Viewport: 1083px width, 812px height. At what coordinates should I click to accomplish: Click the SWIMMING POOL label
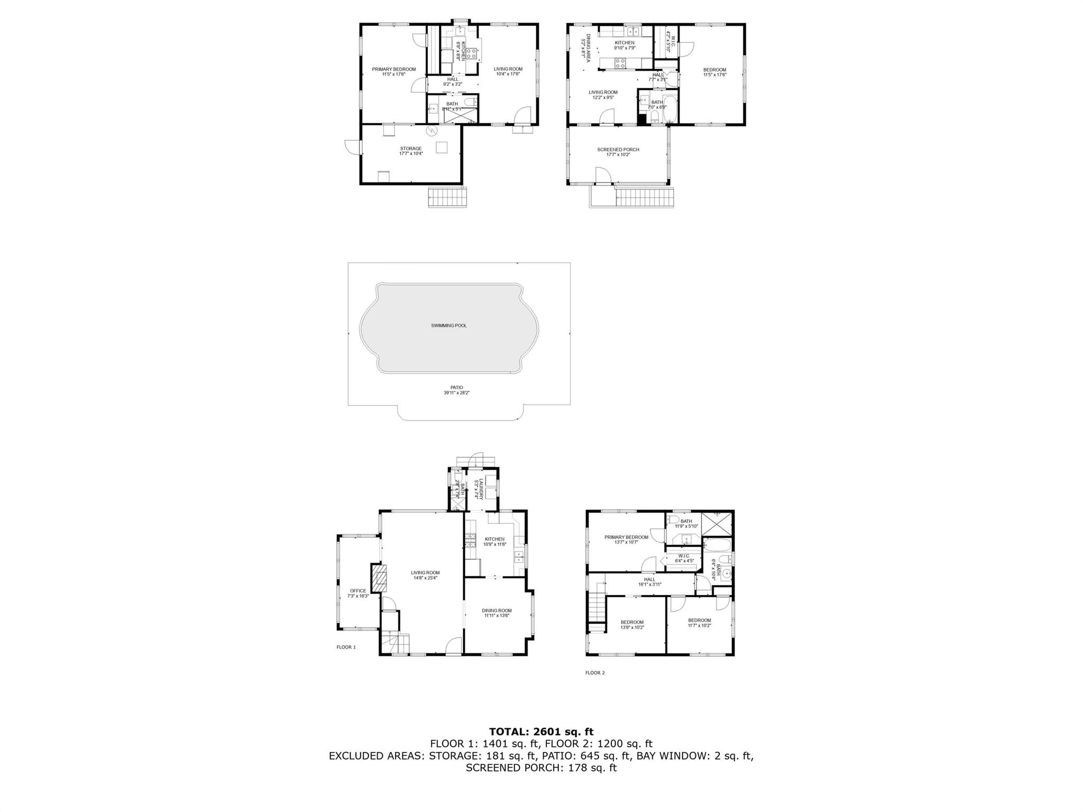click(x=448, y=326)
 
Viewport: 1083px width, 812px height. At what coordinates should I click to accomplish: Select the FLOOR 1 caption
click(x=346, y=647)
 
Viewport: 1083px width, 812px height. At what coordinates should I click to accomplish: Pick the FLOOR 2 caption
click(x=595, y=673)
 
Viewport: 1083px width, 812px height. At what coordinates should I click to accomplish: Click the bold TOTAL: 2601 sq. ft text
click(x=541, y=732)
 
